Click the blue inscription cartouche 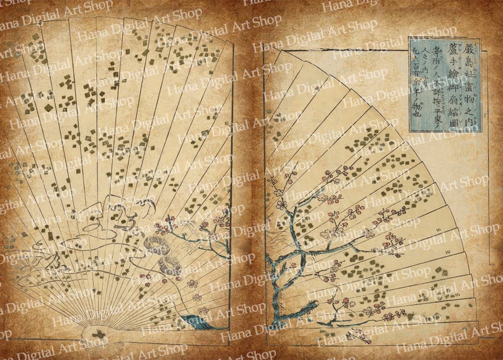click(x=445, y=85)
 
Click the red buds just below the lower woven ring click(x=175, y=283)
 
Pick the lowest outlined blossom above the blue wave click(x=204, y=311)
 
